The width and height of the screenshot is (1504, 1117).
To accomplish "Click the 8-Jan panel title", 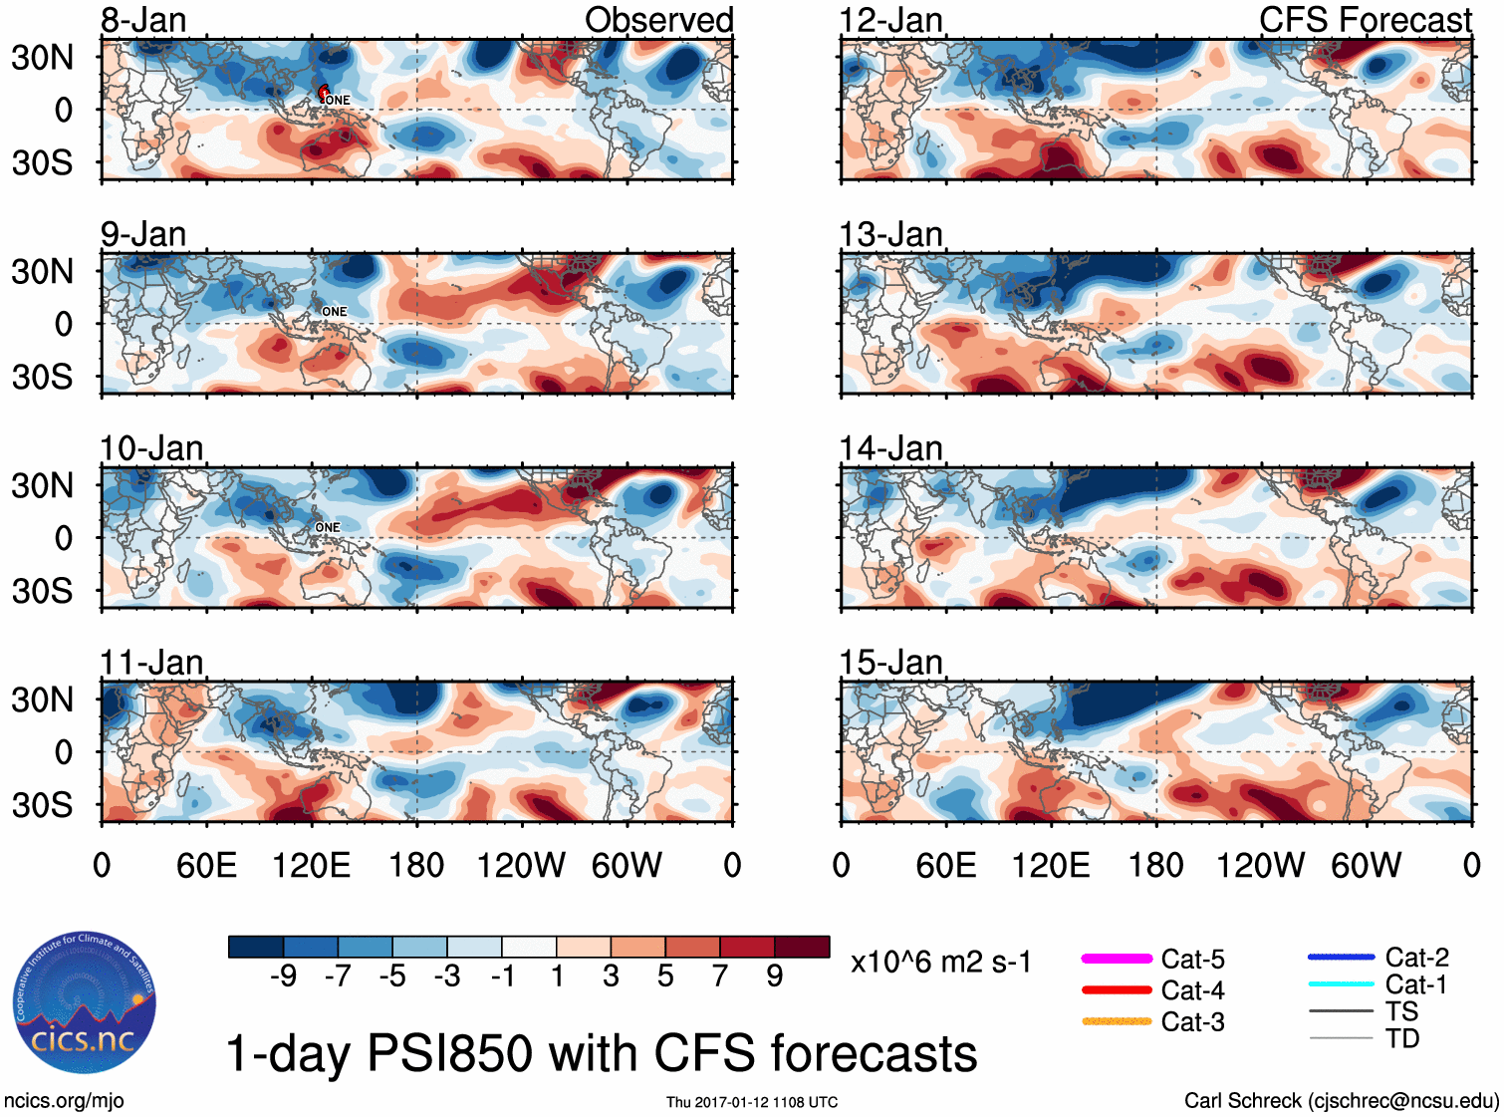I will coord(143,20).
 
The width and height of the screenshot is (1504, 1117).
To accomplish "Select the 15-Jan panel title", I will coord(890,663).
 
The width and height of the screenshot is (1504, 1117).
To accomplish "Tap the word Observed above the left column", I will coord(658,20).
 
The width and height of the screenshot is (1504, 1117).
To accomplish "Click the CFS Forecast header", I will coord(1365,20).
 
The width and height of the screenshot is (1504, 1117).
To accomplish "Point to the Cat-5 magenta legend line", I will coord(1117,959).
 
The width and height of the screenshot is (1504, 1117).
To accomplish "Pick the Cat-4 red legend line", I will coord(1117,990).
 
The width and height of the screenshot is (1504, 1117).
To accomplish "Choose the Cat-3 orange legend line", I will coord(1117,1021).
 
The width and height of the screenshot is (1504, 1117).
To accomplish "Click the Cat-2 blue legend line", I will coord(1341,958).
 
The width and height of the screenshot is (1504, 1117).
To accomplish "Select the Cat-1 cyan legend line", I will coord(1341,984).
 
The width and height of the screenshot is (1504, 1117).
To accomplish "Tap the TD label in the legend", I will coord(1402,1039).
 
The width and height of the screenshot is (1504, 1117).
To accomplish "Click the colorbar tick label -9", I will coord(283,977).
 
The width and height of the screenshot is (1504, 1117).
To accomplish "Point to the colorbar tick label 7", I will coord(720,977).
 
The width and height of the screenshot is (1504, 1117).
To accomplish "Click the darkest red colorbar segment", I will coord(802,947).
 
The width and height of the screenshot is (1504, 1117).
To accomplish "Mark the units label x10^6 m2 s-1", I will coord(940,963).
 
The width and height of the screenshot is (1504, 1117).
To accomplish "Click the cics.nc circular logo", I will coord(84,1003).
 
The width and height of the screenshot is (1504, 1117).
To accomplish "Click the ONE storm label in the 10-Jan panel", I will coord(328,527).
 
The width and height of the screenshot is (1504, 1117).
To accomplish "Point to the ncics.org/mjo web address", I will coord(64,1101).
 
